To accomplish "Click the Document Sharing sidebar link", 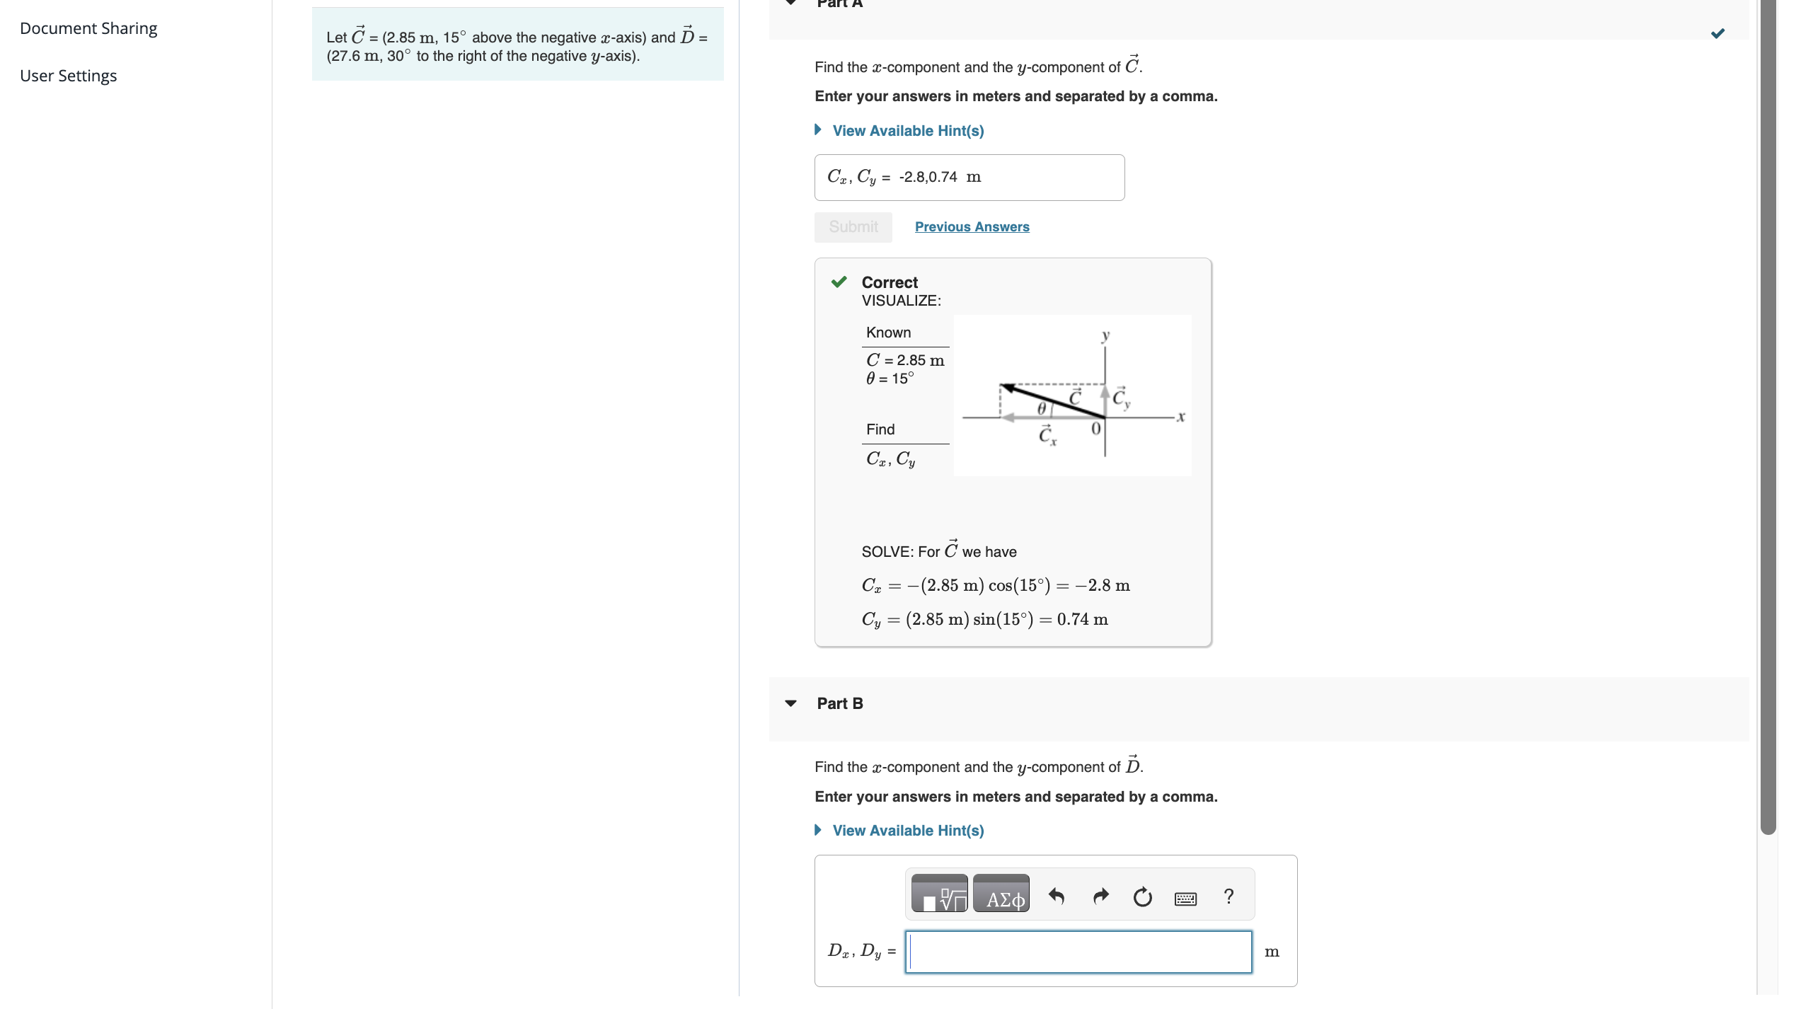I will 88,28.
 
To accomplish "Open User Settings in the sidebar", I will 69,76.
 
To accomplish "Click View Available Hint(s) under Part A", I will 907,131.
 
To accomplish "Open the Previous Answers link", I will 972,226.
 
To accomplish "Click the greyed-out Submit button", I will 853,226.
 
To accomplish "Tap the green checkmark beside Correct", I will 839,282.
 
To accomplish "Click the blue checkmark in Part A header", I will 1717,34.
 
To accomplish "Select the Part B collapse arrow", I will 790,703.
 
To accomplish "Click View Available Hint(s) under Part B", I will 907,831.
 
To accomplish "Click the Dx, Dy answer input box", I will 1078,952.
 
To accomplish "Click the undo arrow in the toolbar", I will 1057,896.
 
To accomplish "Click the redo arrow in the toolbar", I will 1100,896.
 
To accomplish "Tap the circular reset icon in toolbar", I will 1142,897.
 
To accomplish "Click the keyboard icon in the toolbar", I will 1185,899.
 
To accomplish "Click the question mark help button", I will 1229,896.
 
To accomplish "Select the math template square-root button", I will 939,894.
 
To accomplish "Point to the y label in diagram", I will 1105,335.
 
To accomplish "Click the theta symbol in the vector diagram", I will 1041,408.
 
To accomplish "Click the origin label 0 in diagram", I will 1095,429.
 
